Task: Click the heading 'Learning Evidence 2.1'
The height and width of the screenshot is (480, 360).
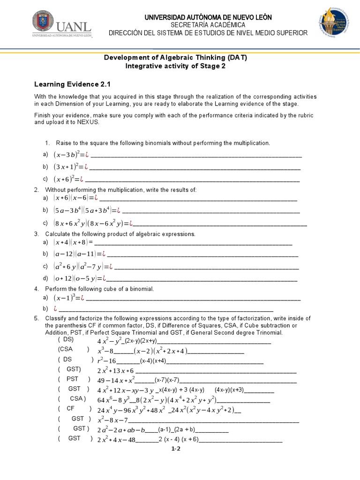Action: click(x=72, y=84)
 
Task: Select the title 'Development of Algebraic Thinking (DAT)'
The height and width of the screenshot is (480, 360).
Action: click(x=175, y=58)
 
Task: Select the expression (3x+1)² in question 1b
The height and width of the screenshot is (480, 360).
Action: click(x=68, y=166)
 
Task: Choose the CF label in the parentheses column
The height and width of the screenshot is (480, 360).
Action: click(x=71, y=408)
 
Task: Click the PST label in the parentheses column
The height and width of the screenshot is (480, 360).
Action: click(x=73, y=379)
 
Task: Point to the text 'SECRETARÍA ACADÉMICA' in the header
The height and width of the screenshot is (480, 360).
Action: click(x=208, y=24)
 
